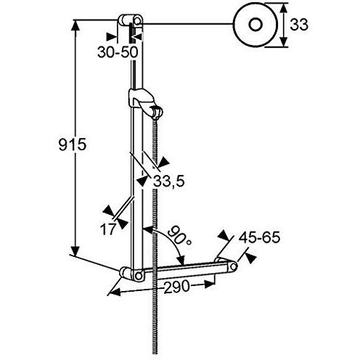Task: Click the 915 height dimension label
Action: [73, 144]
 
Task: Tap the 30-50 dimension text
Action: [118, 52]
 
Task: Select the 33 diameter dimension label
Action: [299, 25]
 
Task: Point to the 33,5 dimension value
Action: [169, 181]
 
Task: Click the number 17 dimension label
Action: [108, 229]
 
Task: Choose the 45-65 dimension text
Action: [259, 237]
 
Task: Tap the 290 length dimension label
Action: [176, 287]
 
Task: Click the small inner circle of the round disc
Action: [255, 25]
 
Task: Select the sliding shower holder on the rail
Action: [144, 103]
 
